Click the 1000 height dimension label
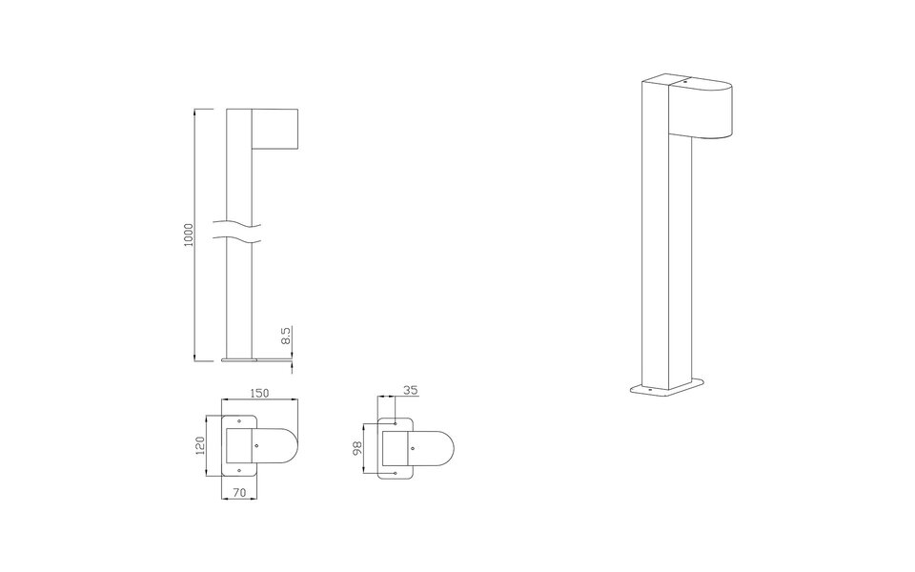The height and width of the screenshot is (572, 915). coord(189,235)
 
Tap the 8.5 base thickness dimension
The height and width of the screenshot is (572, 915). coord(285,337)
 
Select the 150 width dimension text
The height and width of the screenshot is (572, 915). coord(259,392)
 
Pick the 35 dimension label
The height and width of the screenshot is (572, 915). coord(410,390)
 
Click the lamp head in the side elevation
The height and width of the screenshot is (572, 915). coord(274,128)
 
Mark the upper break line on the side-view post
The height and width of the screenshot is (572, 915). coord(237,226)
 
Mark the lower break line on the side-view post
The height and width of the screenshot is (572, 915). coord(237,239)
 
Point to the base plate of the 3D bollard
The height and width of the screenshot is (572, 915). coord(667,389)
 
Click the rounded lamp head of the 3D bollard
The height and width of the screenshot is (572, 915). coord(705,110)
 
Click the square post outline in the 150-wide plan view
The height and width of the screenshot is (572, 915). coord(238,445)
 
